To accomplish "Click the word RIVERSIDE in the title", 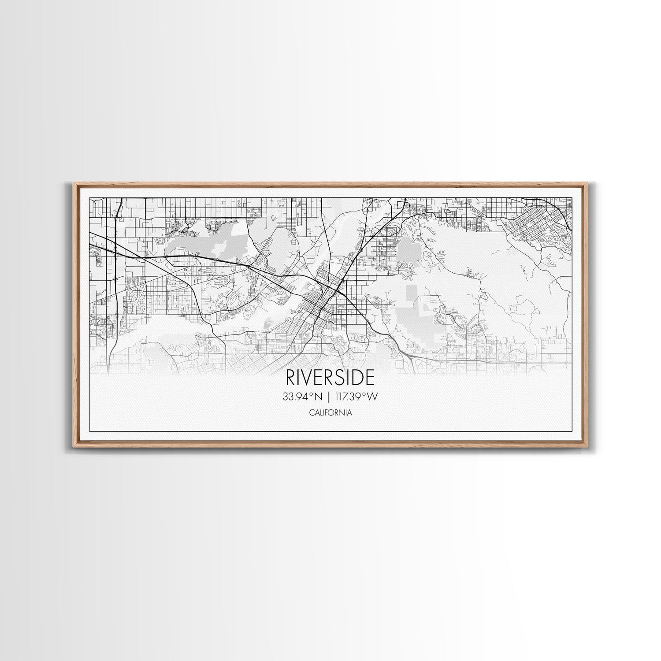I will coord(330,377).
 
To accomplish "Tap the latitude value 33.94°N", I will coord(303,397).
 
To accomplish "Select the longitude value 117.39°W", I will coord(356,397).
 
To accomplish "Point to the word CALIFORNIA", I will coord(330,413).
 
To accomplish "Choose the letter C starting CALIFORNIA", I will coord(311,413).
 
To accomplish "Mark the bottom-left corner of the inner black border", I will coord(89,431).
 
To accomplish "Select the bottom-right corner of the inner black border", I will coord(572,431).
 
